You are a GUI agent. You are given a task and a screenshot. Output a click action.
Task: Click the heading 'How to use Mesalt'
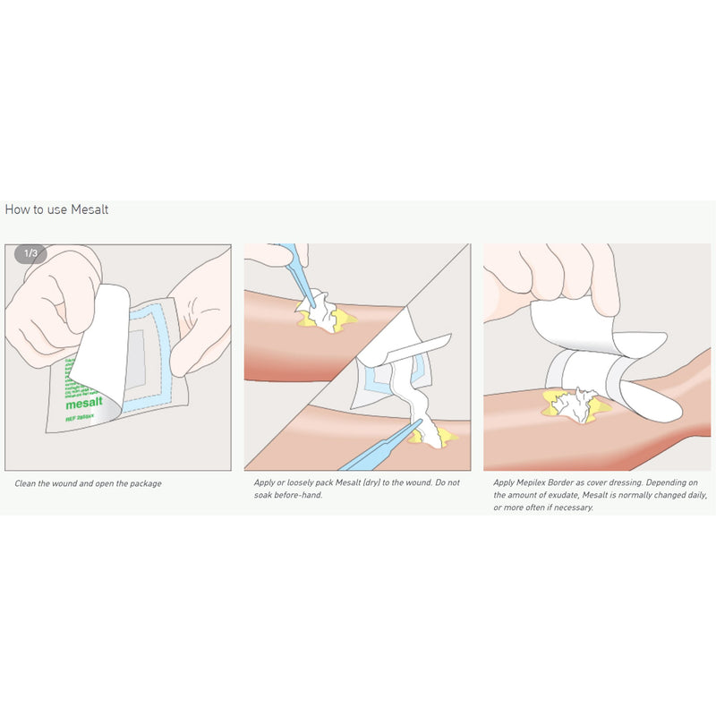click(56, 209)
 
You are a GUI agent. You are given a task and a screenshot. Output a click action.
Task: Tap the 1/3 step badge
click(30, 253)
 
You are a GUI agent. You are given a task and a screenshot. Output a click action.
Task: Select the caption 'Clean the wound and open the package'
click(88, 483)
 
